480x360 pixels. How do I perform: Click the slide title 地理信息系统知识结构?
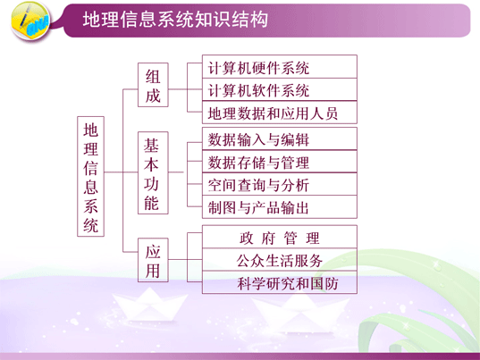pyautogui.click(x=175, y=20)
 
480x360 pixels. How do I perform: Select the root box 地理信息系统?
pyautogui.click(x=90, y=177)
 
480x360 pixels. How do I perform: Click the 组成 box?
pyautogui.click(x=153, y=85)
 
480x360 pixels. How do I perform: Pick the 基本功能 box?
pyautogui.click(x=153, y=172)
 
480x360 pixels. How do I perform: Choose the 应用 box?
pyautogui.click(x=153, y=260)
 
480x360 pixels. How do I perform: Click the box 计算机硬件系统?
pyautogui.click(x=280, y=67)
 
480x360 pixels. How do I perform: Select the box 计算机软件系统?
pyautogui.click(x=280, y=89)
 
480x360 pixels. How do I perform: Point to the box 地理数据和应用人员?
pyautogui.click(x=280, y=113)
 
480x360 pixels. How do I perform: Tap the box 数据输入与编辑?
pyautogui.click(x=280, y=138)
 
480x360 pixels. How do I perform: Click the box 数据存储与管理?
pyautogui.click(x=280, y=162)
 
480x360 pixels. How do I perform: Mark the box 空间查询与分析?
pyautogui.click(x=280, y=184)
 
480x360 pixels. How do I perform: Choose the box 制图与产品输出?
pyautogui.click(x=280, y=206)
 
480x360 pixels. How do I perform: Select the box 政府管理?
pyautogui.click(x=280, y=237)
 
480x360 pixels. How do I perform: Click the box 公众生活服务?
pyautogui.click(x=280, y=260)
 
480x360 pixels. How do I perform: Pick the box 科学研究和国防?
pyautogui.click(x=280, y=282)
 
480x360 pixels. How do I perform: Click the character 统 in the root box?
pyautogui.click(x=90, y=225)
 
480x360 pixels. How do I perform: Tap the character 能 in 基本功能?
pyautogui.click(x=152, y=203)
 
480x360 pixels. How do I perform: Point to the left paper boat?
pyautogui.click(x=149, y=305)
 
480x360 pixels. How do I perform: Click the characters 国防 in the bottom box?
pyautogui.click(x=324, y=283)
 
